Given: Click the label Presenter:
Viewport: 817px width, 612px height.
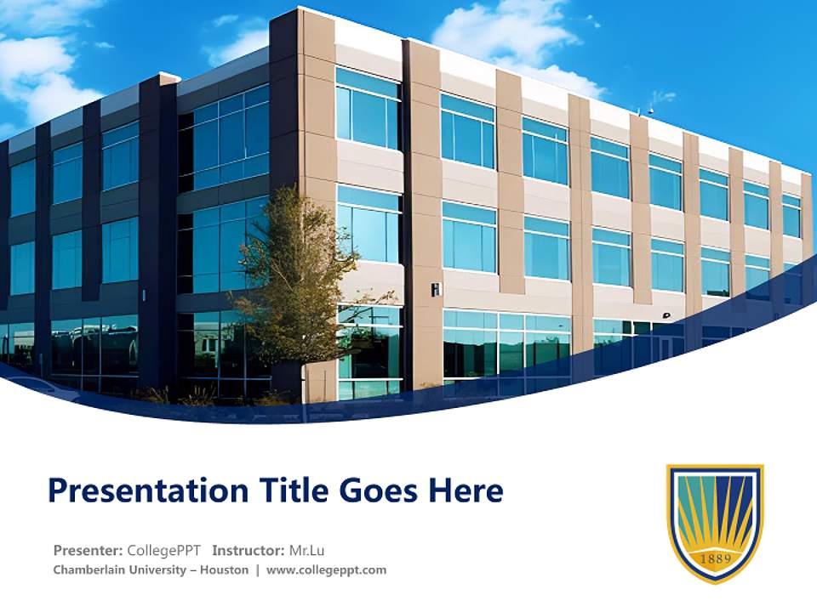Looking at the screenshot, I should [88, 550].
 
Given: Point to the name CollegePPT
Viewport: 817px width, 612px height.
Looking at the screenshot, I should [163, 550].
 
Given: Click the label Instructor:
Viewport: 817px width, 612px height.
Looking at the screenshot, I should [249, 550].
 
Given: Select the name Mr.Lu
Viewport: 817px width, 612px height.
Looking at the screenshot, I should [307, 550].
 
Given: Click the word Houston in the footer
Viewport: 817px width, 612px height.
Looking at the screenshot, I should [224, 570].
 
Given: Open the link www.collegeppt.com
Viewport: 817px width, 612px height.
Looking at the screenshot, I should [326, 570].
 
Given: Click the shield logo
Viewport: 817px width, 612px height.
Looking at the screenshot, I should [715, 522].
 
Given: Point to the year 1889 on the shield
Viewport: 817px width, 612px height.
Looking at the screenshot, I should [715, 558].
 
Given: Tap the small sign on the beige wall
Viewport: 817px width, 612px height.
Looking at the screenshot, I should [436, 290].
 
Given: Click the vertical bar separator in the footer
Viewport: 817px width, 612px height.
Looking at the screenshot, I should [257, 570].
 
